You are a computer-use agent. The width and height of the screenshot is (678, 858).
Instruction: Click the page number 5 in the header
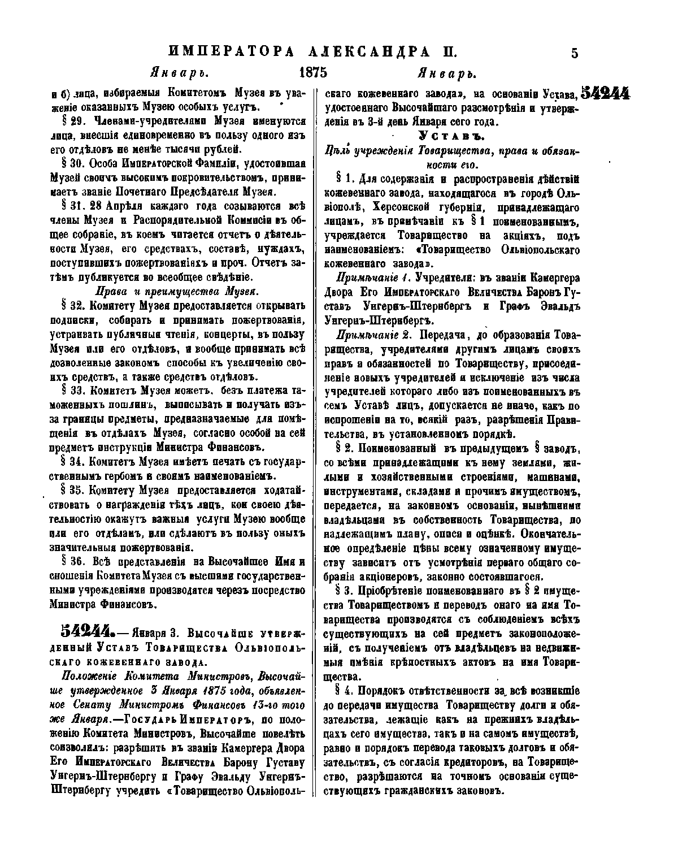click(x=575, y=54)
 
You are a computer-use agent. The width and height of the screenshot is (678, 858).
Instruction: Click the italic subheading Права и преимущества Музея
click(x=176, y=292)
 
